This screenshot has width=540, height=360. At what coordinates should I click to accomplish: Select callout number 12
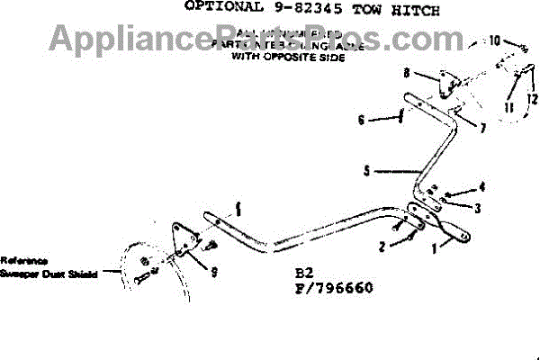click(x=532, y=98)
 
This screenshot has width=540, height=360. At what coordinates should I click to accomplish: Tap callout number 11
click(x=508, y=108)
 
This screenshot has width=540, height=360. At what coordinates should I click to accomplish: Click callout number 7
click(x=482, y=129)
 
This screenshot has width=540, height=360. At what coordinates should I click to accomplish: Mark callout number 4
click(x=481, y=189)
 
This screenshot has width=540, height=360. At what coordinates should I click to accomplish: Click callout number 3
click(x=477, y=209)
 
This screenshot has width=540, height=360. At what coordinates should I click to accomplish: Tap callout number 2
click(x=382, y=245)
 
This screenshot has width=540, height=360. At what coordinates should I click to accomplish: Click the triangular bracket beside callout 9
click(x=187, y=238)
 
